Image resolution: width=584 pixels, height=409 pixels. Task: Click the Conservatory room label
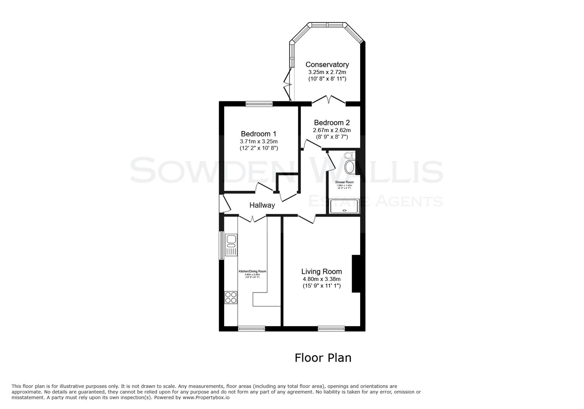click(x=327, y=65)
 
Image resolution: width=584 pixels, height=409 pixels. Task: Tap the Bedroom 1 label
click(x=258, y=134)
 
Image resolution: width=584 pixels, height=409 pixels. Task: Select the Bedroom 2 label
click(x=332, y=123)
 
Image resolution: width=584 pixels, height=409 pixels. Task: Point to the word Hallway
click(x=262, y=205)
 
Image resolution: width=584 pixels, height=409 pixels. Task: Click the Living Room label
click(x=322, y=272)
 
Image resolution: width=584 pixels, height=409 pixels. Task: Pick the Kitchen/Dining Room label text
click(x=252, y=272)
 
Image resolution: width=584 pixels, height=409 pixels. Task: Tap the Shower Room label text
click(x=344, y=182)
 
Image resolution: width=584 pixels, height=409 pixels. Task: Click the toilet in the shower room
click(x=349, y=155)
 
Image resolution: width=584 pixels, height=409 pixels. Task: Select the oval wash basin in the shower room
click(x=350, y=167)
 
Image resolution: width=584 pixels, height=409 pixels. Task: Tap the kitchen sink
click(x=231, y=245)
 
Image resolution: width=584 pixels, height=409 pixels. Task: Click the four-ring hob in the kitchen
click(x=231, y=297)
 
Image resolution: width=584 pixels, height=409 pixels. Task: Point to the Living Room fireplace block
click(x=356, y=273)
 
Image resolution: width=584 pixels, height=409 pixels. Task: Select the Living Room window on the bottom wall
click(x=331, y=329)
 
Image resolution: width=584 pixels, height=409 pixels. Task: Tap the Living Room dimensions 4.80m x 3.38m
click(x=322, y=279)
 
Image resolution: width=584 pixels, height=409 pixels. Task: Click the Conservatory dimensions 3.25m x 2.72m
click(x=327, y=72)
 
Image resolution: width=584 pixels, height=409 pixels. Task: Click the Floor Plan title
click(x=323, y=358)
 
